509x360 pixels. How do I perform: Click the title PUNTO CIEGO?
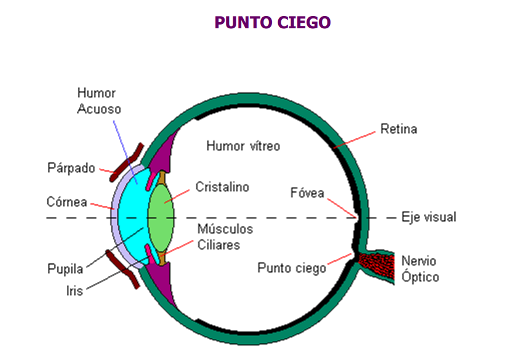point(273,23)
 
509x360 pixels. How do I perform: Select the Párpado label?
point(71,168)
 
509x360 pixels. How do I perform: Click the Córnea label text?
point(66,202)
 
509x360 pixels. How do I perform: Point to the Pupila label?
point(65,269)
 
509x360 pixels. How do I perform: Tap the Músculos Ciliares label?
point(225,236)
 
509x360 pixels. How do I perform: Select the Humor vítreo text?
point(243,146)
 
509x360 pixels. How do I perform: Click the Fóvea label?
point(307,193)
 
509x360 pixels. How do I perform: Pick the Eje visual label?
point(429,217)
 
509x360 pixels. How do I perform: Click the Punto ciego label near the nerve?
point(292,268)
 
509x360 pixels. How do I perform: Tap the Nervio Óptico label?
point(420,268)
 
